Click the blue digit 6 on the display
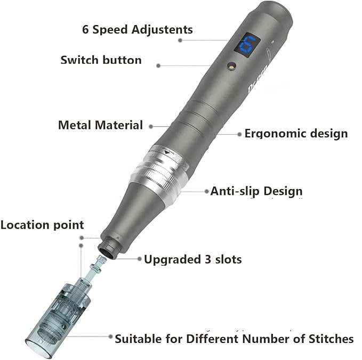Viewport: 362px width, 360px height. [247, 45]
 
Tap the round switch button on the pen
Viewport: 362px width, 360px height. [231, 66]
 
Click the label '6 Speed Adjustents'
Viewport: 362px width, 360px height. [138, 29]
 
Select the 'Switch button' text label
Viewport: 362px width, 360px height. [101, 60]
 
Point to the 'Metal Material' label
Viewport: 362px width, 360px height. [100, 125]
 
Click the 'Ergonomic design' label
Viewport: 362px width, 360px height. [296, 134]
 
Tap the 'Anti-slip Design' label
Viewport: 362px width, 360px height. [256, 191]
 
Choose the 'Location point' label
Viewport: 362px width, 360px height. [42, 225]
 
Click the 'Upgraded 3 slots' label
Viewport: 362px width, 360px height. [193, 259]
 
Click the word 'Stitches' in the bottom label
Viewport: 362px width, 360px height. [331, 339]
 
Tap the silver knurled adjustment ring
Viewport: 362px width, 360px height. [157, 172]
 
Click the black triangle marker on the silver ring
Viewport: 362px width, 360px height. [167, 152]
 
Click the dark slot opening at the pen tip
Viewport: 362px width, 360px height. [108, 250]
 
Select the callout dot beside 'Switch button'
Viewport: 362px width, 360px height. [158, 66]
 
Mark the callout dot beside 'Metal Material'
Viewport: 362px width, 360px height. [151, 126]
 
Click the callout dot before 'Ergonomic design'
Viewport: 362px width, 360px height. [239, 134]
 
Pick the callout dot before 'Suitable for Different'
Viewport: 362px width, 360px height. [110, 337]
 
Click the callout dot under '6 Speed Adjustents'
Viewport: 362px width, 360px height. [180, 40]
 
